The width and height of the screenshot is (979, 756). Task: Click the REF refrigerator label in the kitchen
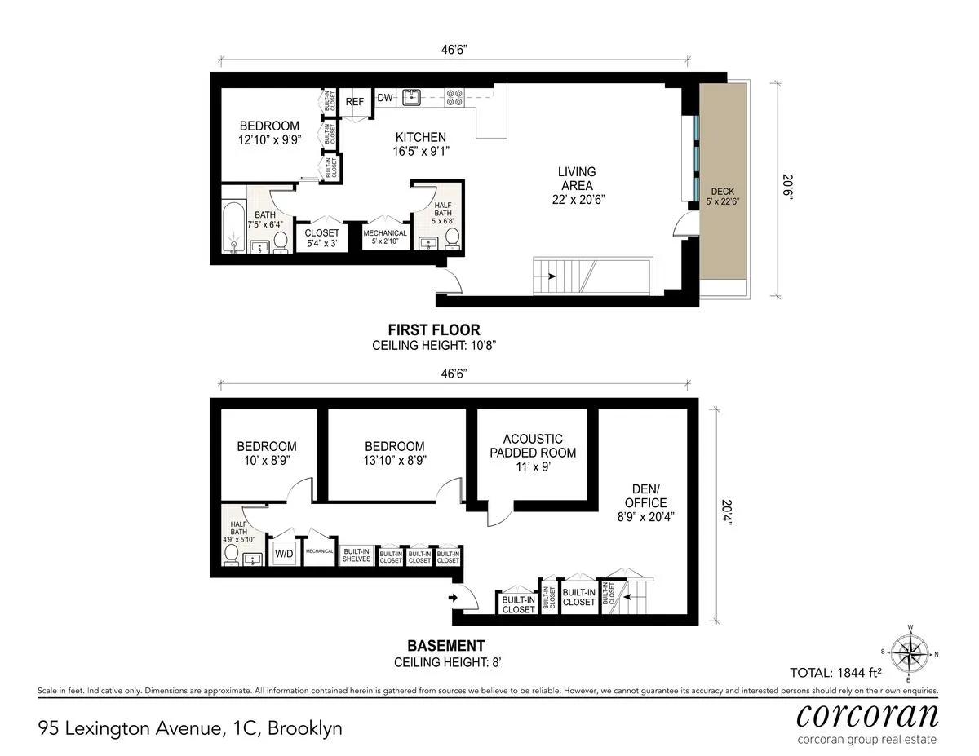click(x=354, y=102)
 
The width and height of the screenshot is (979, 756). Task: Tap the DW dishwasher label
click(x=385, y=99)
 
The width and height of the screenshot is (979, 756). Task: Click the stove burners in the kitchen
click(x=455, y=99)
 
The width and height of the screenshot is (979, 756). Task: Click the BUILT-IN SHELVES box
click(x=357, y=555)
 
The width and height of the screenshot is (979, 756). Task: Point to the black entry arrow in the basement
click(x=454, y=599)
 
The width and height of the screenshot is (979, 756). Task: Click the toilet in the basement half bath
click(x=232, y=555)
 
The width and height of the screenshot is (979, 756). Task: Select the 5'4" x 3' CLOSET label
click(x=321, y=237)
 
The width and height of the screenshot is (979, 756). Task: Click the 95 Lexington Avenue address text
click(x=190, y=727)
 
